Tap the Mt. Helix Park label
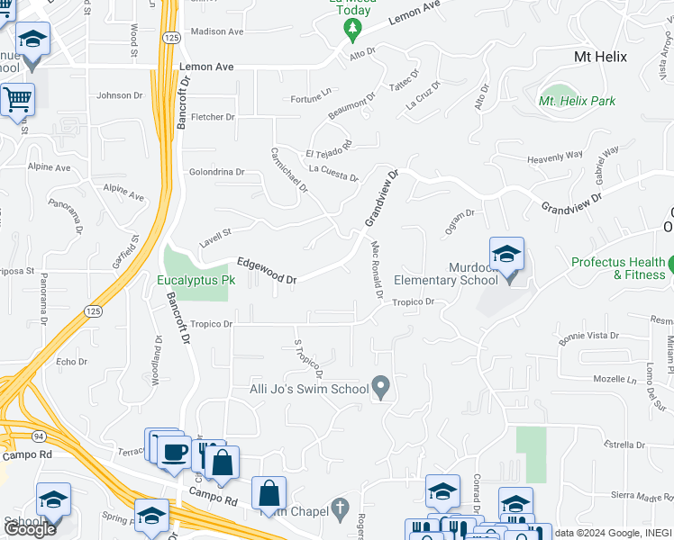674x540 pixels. point(578,101)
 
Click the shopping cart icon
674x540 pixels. point(17,102)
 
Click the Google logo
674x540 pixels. point(30,529)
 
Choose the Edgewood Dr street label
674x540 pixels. point(267,271)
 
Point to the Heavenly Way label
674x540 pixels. point(555,157)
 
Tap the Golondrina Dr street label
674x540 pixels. point(216,172)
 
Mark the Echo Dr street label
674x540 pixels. point(71,362)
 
